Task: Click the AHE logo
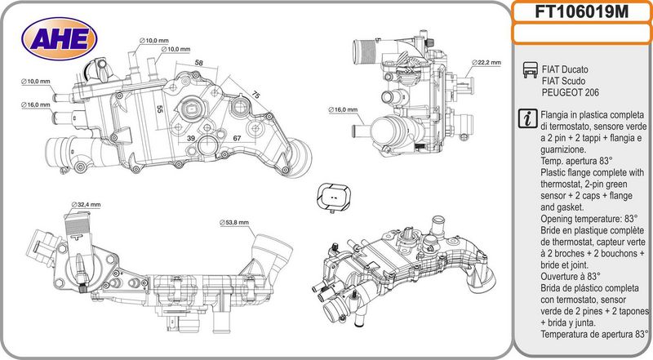(x=60, y=37)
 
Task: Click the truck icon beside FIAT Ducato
(x=526, y=69)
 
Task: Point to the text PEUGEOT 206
(x=569, y=92)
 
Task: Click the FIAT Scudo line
(x=564, y=81)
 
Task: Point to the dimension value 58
(x=198, y=63)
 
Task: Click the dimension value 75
(x=255, y=96)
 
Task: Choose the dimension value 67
(x=237, y=139)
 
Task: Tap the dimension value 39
(x=191, y=139)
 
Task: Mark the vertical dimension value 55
(x=160, y=108)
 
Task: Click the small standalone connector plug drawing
(x=334, y=197)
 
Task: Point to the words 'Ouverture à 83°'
(x=570, y=277)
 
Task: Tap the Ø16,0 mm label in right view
(x=343, y=109)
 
